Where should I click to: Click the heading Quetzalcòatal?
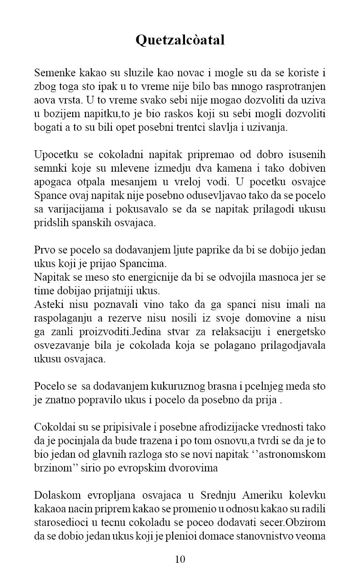(x=180, y=40)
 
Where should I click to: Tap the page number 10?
(x=180, y=559)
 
